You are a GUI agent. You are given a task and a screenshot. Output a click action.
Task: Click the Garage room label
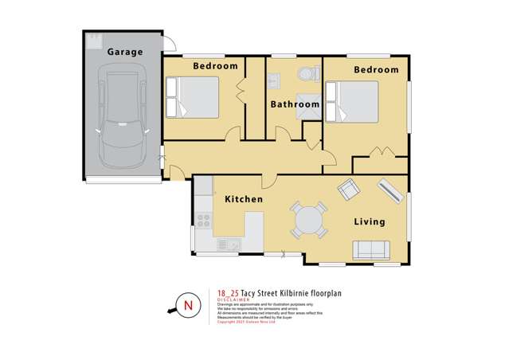(125, 52)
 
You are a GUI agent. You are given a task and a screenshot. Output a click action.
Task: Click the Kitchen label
(243, 198)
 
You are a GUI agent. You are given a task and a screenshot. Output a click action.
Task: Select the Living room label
(369, 221)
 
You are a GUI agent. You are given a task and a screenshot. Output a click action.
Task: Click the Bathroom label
(295, 104)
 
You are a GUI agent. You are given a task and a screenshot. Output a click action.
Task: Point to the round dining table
(307, 219)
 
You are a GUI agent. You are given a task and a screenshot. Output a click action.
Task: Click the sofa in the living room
(371, 250)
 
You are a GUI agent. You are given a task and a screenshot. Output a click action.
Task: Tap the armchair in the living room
(348, 190)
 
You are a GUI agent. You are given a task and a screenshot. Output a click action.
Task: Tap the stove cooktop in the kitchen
(203, 219)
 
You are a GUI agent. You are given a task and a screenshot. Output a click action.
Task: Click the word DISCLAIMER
(237, 299)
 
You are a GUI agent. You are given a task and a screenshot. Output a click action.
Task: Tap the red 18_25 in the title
(228, 292)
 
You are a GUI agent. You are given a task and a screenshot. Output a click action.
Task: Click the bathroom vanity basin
(274, 80)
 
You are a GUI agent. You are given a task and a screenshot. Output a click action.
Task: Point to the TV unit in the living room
(391, 190)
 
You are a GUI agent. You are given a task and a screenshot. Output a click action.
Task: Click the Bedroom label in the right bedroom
(376, 70)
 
